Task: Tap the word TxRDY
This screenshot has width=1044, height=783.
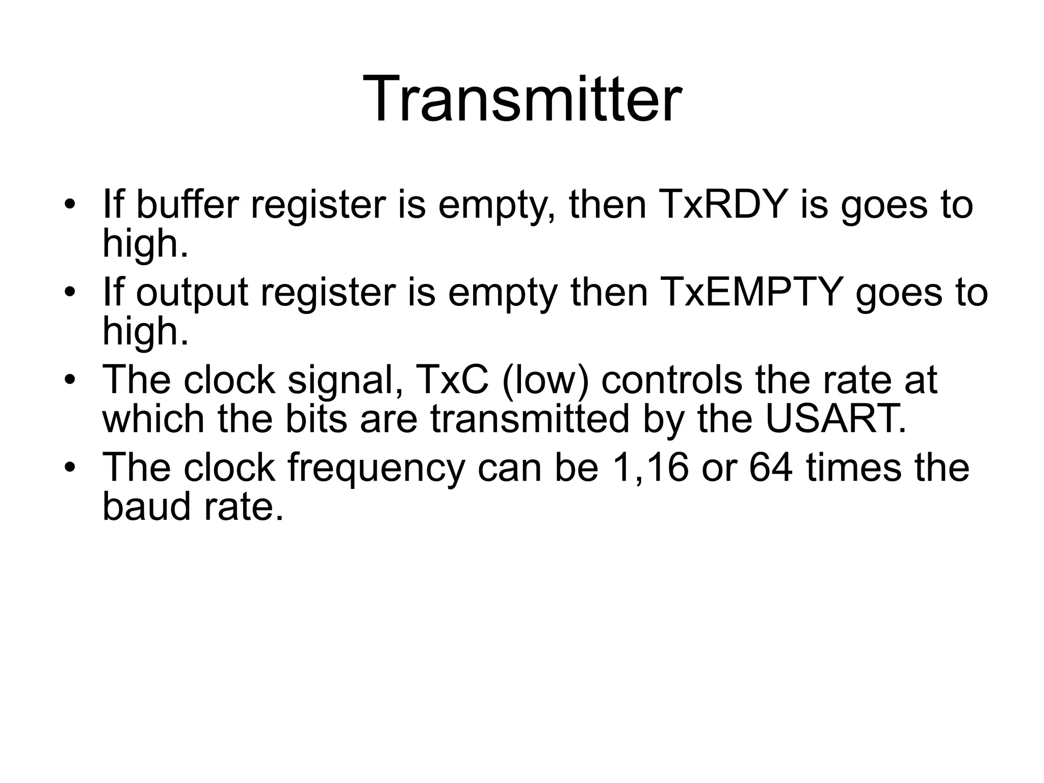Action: click(723, 204)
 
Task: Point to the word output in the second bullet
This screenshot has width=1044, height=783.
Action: click(192, 293)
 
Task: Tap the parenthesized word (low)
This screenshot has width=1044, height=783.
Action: click(545, 380)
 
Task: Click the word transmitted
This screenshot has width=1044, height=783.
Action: click(530, 419)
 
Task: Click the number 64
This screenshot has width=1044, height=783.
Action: click(770, 467)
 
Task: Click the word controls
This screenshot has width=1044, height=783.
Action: click(671, 380)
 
